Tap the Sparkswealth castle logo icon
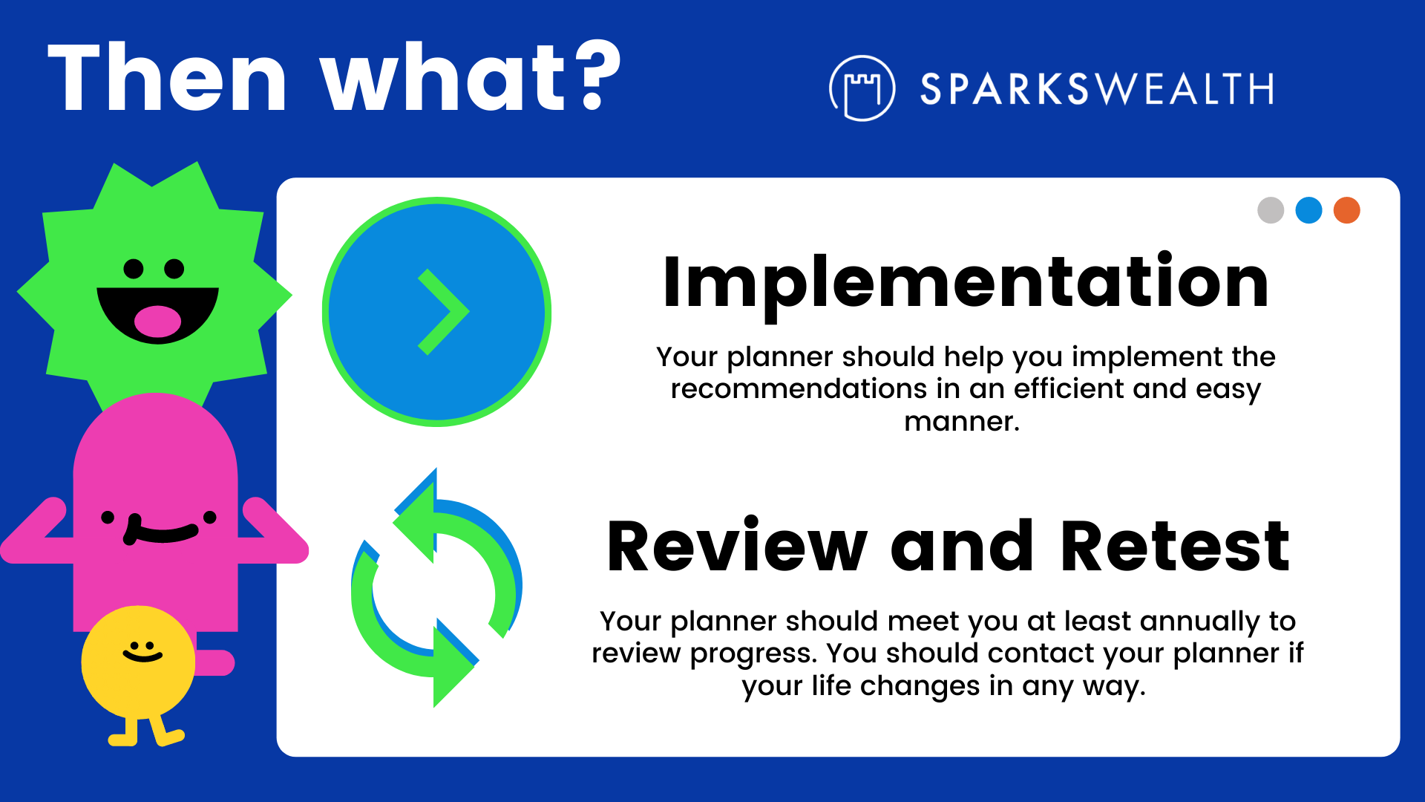point(862,88)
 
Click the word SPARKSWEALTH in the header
point(1097,89)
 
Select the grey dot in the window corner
point(1271,210)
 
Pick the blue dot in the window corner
point(1308,210)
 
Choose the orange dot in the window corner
point(1346,210)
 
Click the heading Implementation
point(966,284)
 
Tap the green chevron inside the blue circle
point(444,312)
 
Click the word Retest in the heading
point(1176,547)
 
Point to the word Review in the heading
point(737,547)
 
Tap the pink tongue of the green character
point(157,321)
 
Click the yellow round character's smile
point(142,656)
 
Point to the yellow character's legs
point(146,731)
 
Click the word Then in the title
point(168,76)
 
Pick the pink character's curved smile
point(160,530)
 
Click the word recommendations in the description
point(799,388)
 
